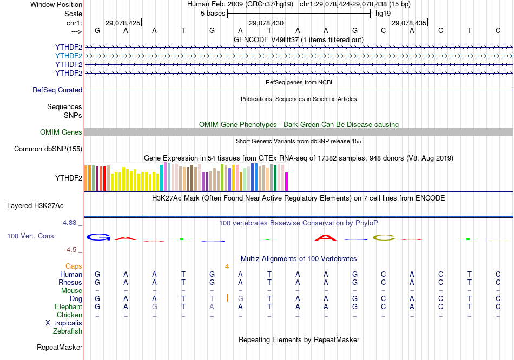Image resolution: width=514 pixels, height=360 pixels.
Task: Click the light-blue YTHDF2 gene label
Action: point(69,56)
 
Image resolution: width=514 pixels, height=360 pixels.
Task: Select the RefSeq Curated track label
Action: point(57,90)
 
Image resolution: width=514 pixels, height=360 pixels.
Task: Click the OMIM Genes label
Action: point(61,132)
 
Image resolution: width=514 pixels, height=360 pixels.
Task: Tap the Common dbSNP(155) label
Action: point(48,149)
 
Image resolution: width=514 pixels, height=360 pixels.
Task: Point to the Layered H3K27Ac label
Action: point(35,206)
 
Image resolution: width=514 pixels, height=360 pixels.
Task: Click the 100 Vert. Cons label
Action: point(30,236)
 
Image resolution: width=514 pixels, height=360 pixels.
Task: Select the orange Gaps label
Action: point(74,266)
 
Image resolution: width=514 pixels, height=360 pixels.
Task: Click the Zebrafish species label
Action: point(68,331)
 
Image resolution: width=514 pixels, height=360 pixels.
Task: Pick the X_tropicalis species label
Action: point(64,323)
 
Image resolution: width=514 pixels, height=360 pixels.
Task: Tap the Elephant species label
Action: point(68,307)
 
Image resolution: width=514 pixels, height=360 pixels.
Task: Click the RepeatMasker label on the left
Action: point(60,348)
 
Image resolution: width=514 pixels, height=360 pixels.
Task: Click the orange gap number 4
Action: point(227,266)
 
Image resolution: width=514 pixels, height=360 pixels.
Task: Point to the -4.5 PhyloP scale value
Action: point(73,250)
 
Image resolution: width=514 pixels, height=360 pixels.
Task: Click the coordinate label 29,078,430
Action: point(266,23)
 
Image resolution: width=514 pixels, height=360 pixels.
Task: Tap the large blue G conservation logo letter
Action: point(98,237)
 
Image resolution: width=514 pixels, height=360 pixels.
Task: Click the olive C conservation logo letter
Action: point(383,237)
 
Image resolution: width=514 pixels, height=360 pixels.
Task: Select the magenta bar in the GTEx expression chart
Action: point(287,182)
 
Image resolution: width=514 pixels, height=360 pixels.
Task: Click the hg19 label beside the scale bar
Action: point(383,13)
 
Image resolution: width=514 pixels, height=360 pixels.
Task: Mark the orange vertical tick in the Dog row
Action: point(227,298)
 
